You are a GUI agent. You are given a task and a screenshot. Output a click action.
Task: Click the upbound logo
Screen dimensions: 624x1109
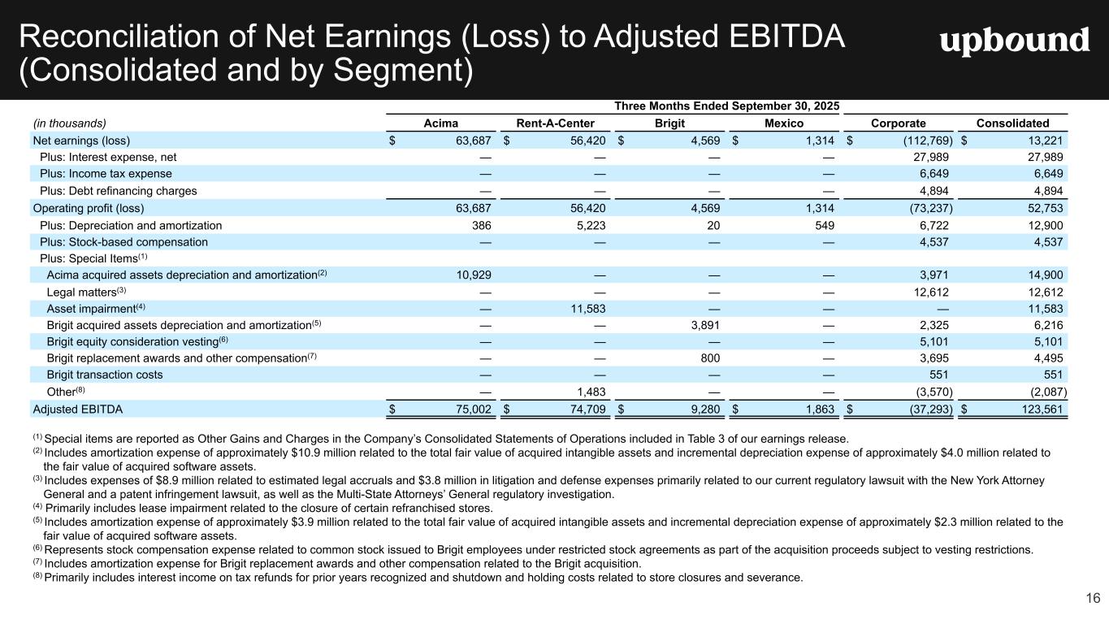1014,41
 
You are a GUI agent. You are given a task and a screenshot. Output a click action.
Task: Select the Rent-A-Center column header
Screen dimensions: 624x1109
555,123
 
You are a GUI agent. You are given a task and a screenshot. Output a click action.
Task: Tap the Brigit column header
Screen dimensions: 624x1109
669,123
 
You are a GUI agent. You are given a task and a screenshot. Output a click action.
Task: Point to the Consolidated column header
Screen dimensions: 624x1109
1012,123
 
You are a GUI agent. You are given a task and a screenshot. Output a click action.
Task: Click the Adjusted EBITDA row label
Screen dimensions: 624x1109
77,409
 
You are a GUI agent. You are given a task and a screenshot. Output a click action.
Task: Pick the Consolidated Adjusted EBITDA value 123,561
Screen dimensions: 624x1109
1038,409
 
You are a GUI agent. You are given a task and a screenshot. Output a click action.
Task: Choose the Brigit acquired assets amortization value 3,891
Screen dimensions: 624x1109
702,325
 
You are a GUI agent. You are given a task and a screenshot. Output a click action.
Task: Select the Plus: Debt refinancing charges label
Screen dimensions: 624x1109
118,191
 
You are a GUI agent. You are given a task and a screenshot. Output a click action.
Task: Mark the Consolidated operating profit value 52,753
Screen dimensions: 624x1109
1042,208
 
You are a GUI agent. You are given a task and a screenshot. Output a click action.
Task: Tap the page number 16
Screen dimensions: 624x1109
1092,599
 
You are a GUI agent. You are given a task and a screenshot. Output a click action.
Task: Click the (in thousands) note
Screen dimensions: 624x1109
69,123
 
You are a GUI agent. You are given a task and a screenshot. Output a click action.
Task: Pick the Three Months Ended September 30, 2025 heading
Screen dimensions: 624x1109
726,106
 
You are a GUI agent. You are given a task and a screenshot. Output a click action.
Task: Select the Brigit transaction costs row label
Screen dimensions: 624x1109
105,375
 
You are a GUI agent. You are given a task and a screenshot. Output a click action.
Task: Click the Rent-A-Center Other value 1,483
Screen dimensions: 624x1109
588,392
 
